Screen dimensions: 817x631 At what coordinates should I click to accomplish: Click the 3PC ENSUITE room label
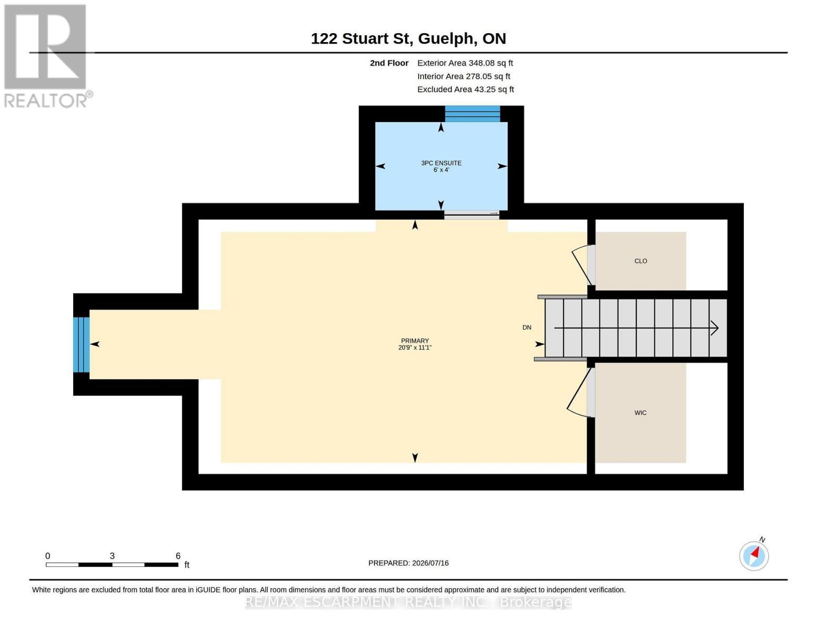[x=441, y=162]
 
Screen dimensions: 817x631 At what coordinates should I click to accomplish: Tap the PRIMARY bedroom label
[x=415, y=341]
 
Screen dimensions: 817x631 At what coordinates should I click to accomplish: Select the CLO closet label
[x=641, y=261]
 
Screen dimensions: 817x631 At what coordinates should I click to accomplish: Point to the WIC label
[x=640, y=413]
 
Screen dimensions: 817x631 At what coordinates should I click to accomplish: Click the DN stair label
[x=527, y=328]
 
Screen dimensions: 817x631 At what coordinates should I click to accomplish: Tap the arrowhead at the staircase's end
[x=715, y=328]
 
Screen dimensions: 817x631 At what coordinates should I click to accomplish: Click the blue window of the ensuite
[x=472, y=114]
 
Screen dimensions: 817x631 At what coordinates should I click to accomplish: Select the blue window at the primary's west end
[x=81, y=344]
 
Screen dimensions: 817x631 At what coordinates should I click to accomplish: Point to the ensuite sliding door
[x=471, y=215]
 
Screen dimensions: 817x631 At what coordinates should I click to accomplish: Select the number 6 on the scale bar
[x=178, y=555]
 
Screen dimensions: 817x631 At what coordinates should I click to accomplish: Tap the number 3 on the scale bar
[x=112, y=555]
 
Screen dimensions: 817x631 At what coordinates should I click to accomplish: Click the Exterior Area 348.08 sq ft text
[x=465, y=63]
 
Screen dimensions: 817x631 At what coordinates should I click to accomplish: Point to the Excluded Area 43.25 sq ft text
[x=466, y=89]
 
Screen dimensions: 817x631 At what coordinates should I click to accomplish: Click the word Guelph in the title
[x=446, y=39]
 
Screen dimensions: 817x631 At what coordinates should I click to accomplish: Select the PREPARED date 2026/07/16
[x=430, y=563]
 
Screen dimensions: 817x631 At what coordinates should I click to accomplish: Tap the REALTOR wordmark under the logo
[x=46, y=101]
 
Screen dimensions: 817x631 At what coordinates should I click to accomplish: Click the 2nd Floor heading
[x=389, y=63]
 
